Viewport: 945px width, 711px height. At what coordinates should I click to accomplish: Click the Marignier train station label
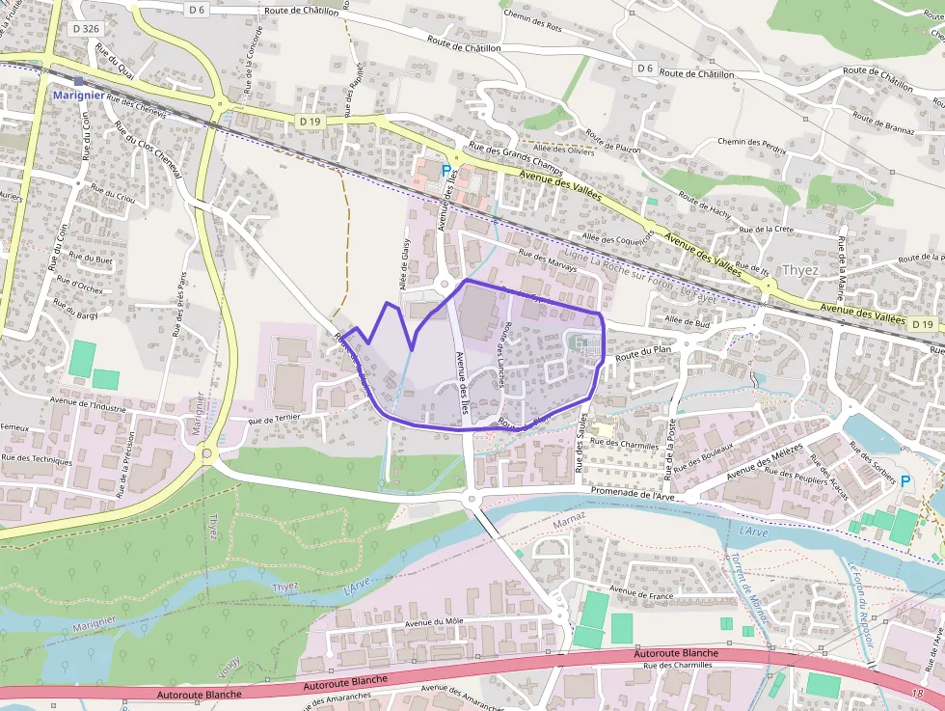pos(78,95)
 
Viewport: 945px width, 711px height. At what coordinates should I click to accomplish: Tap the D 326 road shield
pos(86,29)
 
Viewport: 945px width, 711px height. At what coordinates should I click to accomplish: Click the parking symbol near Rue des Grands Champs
pos(445,171)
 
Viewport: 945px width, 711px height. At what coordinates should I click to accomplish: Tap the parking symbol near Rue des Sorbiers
pos(904,480)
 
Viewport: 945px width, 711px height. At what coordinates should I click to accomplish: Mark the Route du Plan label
pos(642,353)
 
